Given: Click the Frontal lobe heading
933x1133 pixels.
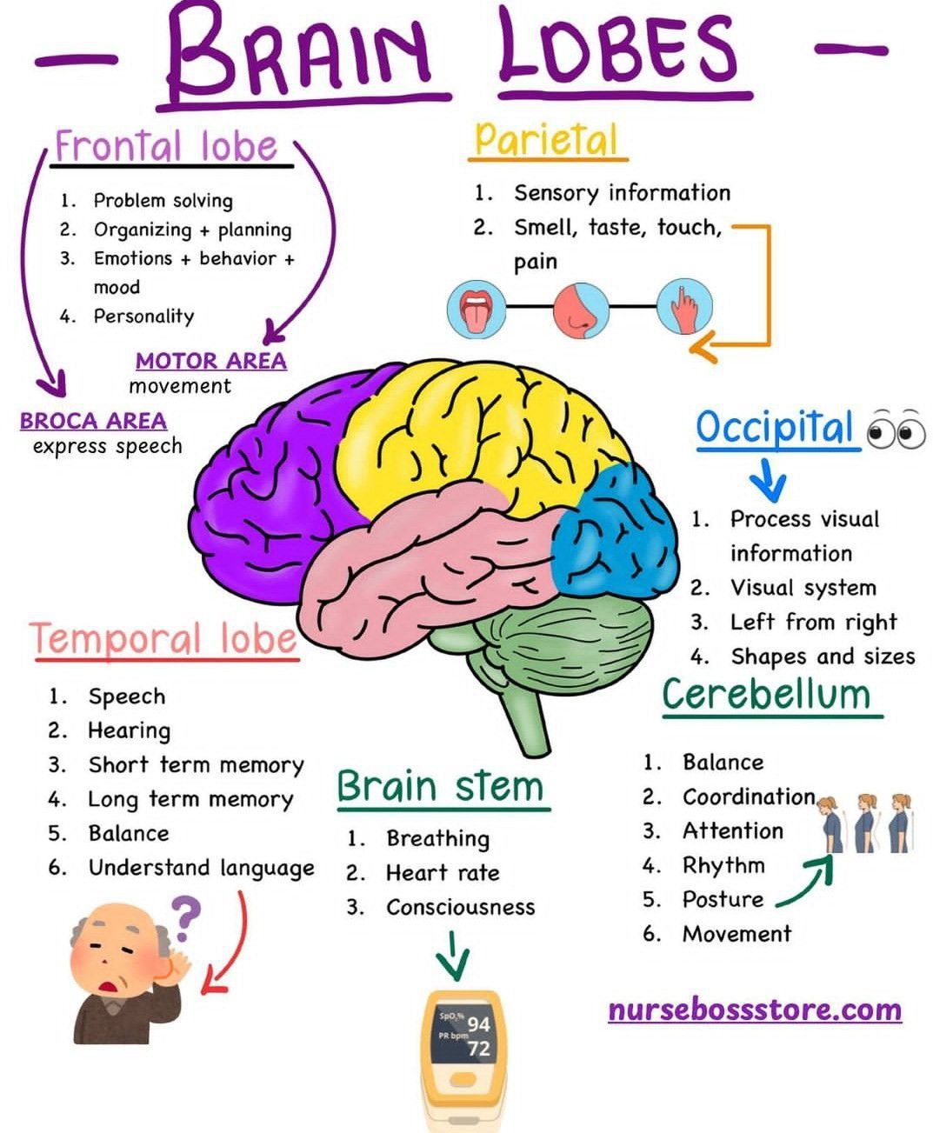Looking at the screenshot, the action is [x=166, y=145].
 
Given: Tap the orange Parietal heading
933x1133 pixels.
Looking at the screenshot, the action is [x=546, y=139].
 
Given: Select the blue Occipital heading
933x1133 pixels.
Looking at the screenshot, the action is [x=775, y=428].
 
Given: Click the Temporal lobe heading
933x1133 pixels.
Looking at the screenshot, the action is [x=164, y=638].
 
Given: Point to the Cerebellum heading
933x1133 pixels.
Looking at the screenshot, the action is [x=766, y=694].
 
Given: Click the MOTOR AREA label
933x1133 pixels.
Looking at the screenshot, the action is [x=211, y=361].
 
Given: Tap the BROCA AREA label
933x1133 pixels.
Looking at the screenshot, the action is [x=93, y=421].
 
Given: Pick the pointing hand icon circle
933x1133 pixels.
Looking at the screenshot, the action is [x=684, y=308].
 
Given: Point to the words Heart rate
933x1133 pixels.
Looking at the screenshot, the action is [x=443, y=873].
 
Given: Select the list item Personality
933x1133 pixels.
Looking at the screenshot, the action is [x=143, y=317].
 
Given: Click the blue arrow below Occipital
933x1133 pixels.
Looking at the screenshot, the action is [x=768, y=478].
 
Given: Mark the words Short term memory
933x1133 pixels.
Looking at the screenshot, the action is [x=196, y=765].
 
